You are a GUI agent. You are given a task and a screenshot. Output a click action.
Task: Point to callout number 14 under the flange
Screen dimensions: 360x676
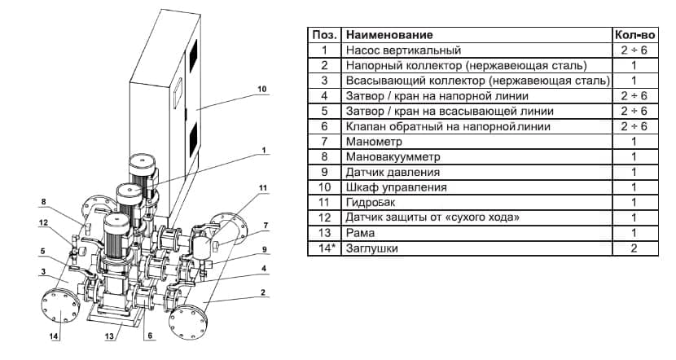coord(55,336)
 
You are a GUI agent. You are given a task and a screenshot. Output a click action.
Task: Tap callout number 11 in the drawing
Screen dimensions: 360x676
coord(262,188)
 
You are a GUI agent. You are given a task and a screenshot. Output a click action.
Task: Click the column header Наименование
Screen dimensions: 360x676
coord(388,36)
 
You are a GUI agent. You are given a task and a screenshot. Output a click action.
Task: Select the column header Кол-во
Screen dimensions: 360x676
coord(633,36)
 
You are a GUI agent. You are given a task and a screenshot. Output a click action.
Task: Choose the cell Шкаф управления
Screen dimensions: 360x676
coord(397,187)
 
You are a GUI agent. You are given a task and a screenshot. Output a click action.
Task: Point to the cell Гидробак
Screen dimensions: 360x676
coord(372,203)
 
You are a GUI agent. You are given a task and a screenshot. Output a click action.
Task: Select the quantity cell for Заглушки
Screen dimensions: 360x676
coord(633,248)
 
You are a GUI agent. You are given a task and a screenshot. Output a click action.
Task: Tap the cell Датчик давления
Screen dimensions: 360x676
coord(393,173)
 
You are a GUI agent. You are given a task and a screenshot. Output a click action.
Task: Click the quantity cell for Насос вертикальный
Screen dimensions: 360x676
coord(633,50)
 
